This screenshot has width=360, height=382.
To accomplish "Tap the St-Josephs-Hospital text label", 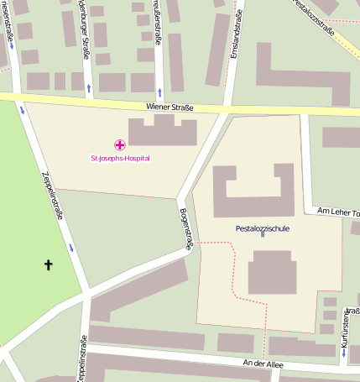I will (x=120, y=157).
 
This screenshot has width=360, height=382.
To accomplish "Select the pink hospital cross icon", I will (x=119, y=146).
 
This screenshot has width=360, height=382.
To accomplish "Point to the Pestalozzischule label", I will (x=263, y=228).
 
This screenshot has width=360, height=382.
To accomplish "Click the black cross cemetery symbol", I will (x=48, y=265).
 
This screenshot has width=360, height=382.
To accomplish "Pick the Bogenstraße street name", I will (x=185, y=228).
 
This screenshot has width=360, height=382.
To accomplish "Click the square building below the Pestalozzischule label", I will (x=272, y=272).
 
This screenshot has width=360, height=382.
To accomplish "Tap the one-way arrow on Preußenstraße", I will (x=159, y=90).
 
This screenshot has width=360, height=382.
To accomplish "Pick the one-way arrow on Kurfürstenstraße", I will (x=344, y=353).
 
